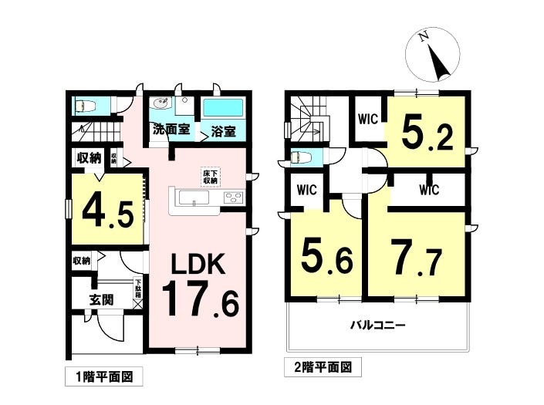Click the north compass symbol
coord(434,55)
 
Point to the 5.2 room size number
coord(426,134)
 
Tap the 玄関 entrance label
coord(101,299)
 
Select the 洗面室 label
coord(171,130)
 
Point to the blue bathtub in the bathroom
coord(223,107)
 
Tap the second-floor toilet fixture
coord(302,158)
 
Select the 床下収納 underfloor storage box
coord(210,176)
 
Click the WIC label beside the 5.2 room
coord(367,120)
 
